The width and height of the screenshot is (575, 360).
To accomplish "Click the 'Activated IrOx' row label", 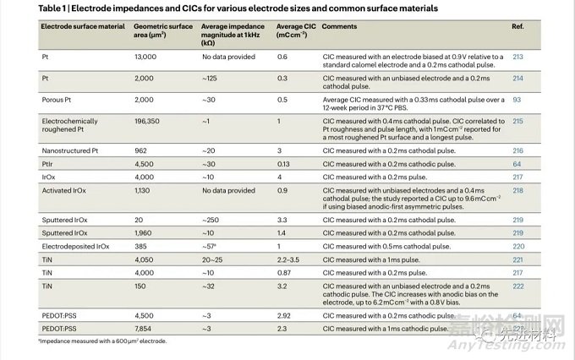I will pos(67,191).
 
